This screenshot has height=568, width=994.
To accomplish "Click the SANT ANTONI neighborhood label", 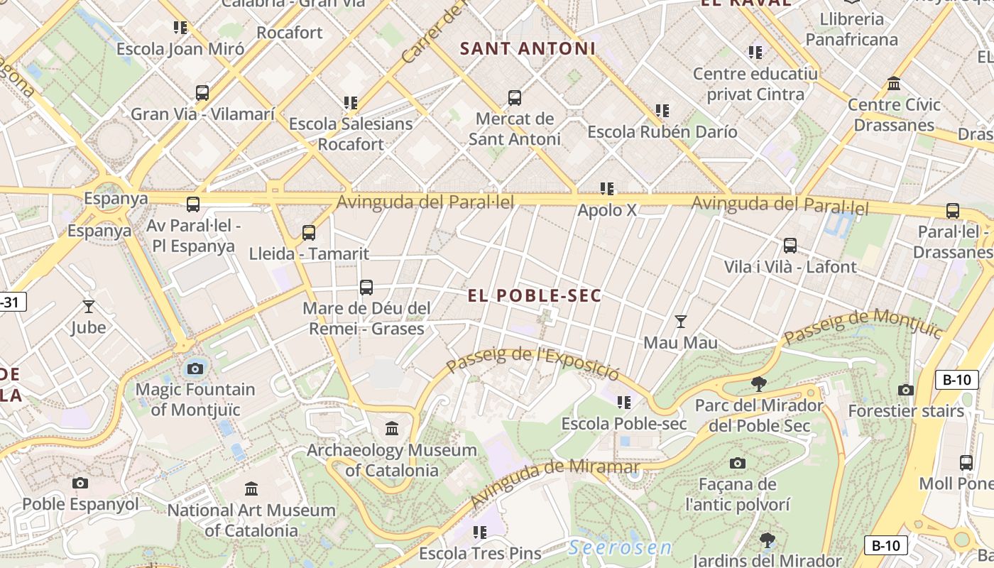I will (x=528, y=49).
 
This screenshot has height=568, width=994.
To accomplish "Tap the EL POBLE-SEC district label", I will (x=534, y=296).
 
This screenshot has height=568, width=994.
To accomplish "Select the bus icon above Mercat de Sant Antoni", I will (x=515, y=98).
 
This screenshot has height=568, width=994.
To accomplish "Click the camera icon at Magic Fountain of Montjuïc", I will (x=195, y=368).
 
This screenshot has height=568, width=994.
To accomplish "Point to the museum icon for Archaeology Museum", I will (x=392, y=428).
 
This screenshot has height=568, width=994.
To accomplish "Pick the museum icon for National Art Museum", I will (x=251, y=488).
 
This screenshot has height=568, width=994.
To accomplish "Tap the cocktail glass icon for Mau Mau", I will (x=680, y=322).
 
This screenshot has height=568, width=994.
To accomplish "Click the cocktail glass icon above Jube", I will (x=89, y=307).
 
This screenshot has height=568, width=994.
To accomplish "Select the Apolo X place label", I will (x=607, y=210).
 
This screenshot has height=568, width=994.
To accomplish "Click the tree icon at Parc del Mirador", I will (x=758, y=384).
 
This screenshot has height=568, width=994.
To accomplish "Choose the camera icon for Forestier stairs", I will (x=905, y=390).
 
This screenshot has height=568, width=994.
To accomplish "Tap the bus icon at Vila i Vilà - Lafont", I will (x=790, y=246).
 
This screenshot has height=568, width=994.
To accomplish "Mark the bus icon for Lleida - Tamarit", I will (x=308, y=232).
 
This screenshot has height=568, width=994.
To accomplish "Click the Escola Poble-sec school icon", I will (x=624, y=403).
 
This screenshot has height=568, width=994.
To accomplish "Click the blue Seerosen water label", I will (x=620, y=547).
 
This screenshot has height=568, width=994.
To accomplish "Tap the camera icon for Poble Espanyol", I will (x=80, y=483).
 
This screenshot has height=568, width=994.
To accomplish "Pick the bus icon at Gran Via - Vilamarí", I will (x=202, y=93).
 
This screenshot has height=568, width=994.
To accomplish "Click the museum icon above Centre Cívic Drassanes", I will (x=894, y=84).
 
